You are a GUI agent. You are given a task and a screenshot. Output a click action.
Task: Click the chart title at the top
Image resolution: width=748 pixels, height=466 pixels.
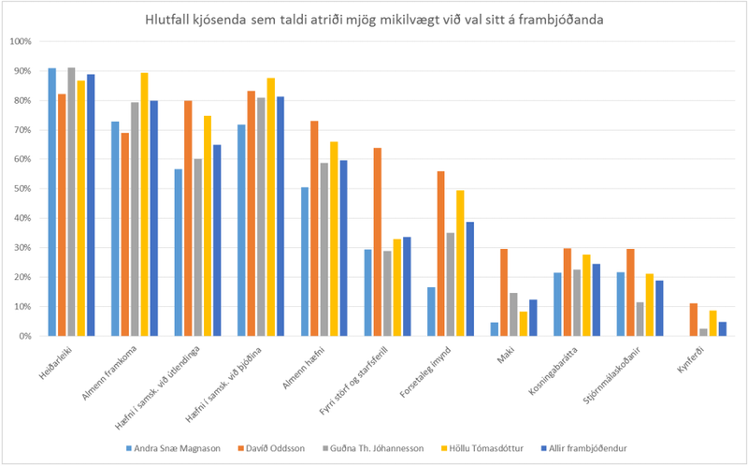pyautogui.click(x=374, y=19)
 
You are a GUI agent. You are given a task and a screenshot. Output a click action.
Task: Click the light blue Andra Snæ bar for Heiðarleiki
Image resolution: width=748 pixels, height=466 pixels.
pyautogui.click(x=52, y=202)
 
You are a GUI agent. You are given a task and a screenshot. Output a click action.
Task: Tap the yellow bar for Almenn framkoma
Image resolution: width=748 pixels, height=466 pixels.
pyautogui.click(x=144, y=204)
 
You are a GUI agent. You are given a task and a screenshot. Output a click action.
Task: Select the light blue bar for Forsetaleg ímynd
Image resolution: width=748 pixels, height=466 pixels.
pyautogui.click(x=431, y=312)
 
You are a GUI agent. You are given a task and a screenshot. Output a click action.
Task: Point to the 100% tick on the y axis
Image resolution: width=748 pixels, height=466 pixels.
pyautogui.click(x=20, y=42)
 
